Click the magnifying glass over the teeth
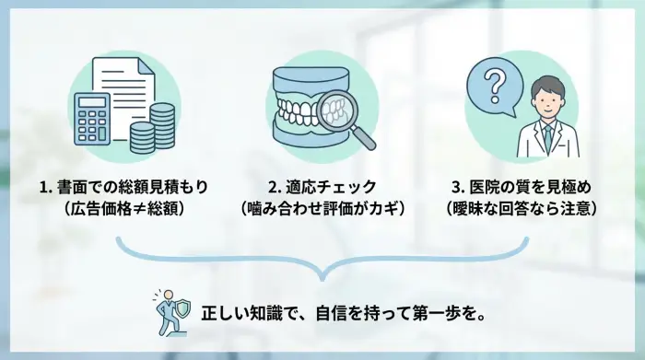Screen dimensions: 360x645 pos(346,117)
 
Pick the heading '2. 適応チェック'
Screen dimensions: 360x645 pos(322,187)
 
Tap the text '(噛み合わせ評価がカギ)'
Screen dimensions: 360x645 pos(322,209)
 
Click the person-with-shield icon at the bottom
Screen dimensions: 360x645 pos(172,310)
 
